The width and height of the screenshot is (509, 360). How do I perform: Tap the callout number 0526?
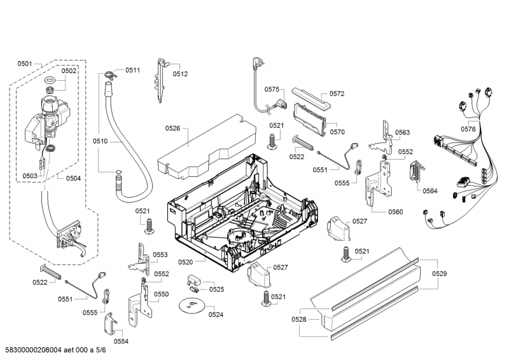(x=173, y=128)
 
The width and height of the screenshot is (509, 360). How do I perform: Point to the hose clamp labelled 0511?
(x=110, y=72)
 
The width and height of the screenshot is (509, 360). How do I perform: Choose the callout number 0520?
(x=185, y=261)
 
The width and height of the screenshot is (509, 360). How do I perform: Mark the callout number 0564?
(x=430, y=191)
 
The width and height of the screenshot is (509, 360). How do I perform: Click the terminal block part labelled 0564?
(x=416, y=172)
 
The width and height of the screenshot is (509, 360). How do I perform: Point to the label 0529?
(x=439, y=273)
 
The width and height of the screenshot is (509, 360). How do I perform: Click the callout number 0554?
(x=121, y=341)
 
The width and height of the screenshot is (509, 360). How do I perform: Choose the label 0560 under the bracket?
(x=394, y=212)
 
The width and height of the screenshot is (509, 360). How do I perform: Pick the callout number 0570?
(x=337, y=132)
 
